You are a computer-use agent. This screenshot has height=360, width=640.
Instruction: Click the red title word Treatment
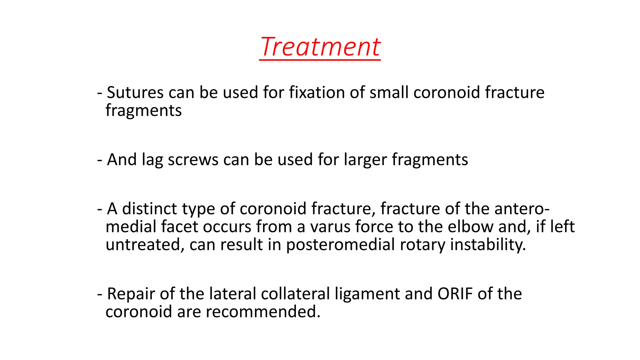coord(320,47)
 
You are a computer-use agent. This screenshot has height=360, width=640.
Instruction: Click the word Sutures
coord(135,92)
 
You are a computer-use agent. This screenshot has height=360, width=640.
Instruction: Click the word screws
coord(193,160)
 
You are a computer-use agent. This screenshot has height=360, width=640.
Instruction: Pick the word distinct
coord(150,208)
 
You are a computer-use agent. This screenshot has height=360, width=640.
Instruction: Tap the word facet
coord(180,227)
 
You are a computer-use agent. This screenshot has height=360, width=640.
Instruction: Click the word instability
coord(488,244)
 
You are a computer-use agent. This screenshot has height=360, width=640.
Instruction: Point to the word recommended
coord(263,312)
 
